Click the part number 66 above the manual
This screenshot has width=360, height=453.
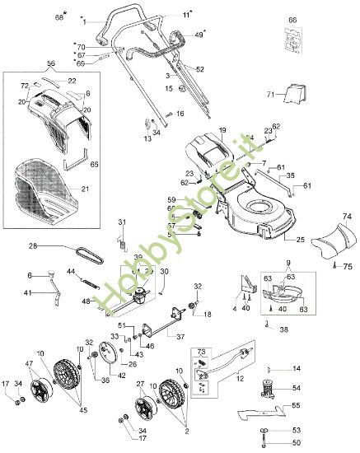coord(292,19)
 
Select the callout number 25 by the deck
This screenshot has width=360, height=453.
coord(301,241)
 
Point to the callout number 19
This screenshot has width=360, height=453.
coord(222,131)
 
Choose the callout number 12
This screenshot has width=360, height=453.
coord(240,378)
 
